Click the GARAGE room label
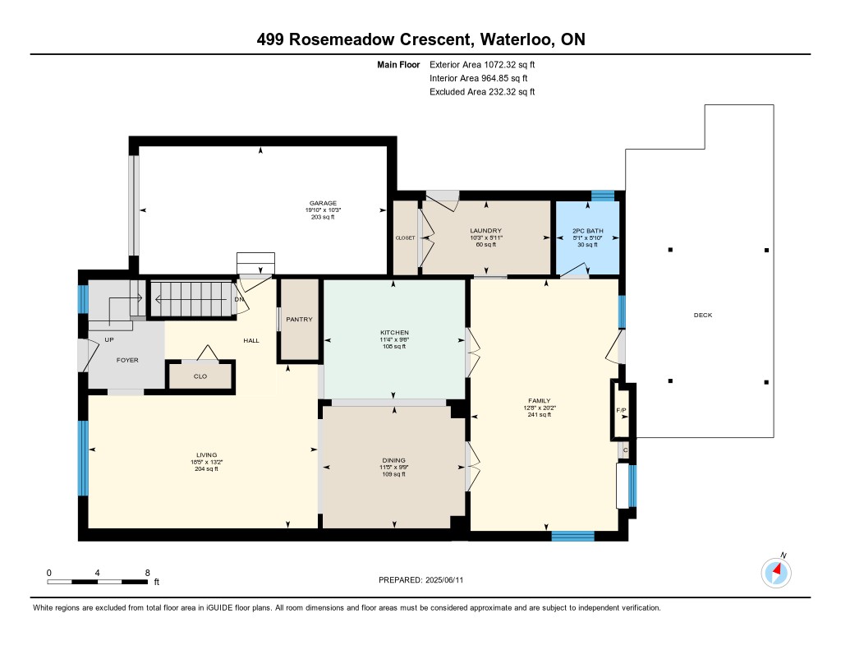[x=323, y=204]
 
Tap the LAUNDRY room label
[x=486, y=231]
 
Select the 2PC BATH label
[x=588, y=231]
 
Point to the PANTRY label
[x=299, y=320]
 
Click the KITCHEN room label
[x=395, y=333]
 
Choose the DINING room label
[x=393, y=460]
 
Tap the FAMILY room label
[x=540, y=401]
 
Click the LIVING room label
[x=206, y=455]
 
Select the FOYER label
[x=127, y=360]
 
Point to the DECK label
[x=703, y=315]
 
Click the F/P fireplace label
[x=621, y=411]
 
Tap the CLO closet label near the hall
[x=200, y=376]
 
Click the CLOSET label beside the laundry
[x=405, y=238]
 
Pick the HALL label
[x=251, y=340]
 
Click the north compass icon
[x=776, y=572]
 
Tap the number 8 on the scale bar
[x=148, y=573]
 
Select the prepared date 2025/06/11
[x=444, y=579]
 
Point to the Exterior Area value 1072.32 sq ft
[x=509, y=65]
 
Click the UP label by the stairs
[x=109, y=339]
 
